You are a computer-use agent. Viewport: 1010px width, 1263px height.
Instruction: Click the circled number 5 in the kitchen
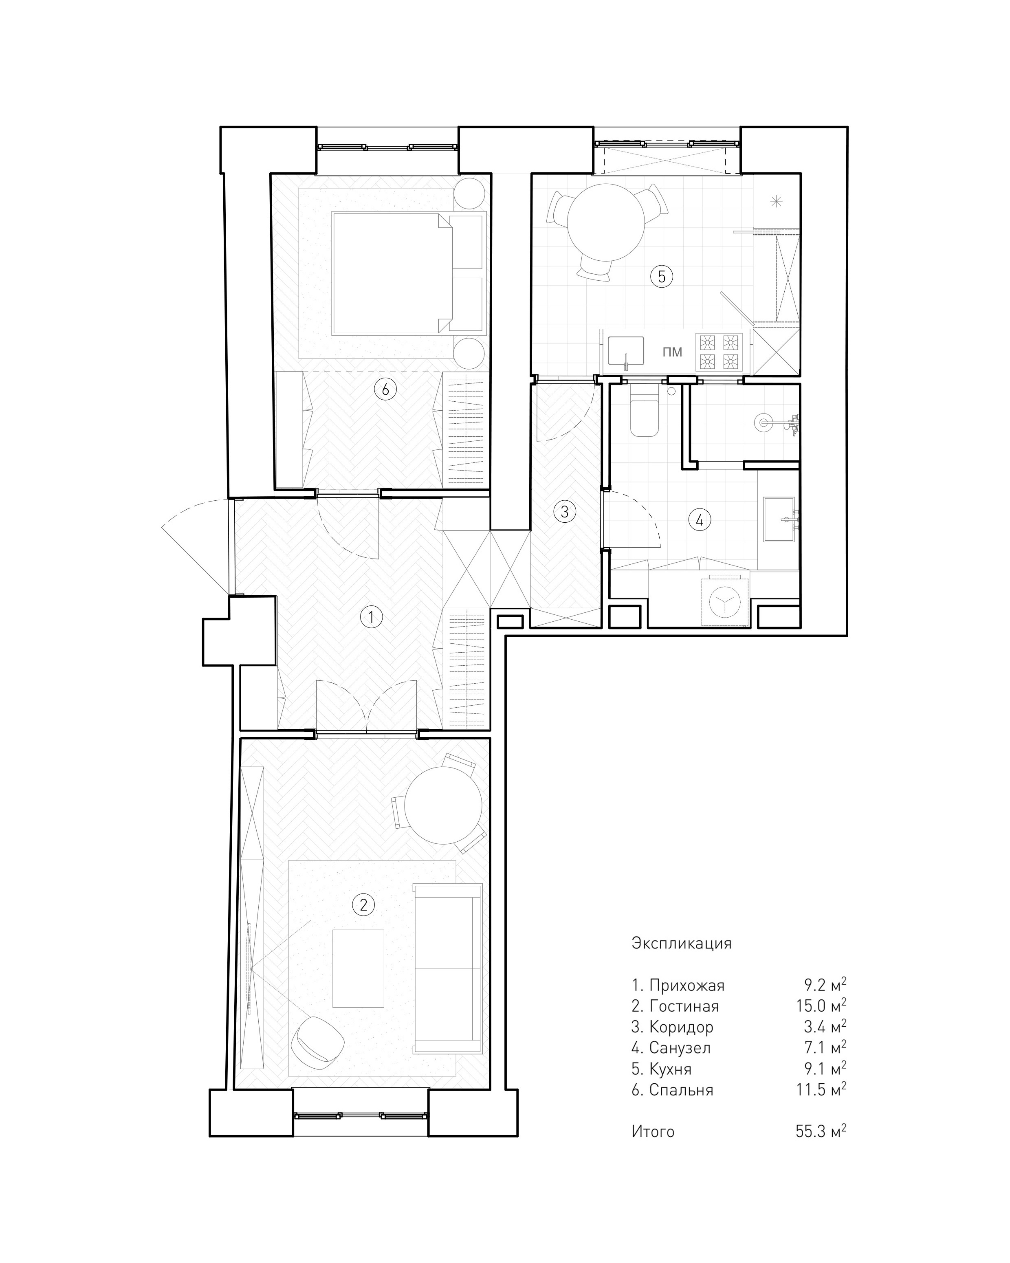point(661,276)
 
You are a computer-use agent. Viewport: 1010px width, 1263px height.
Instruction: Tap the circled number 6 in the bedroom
point(385,389)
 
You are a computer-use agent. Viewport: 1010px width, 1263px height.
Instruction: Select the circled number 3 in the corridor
point(564,511)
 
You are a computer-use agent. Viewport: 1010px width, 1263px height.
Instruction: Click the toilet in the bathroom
point(645,410)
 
